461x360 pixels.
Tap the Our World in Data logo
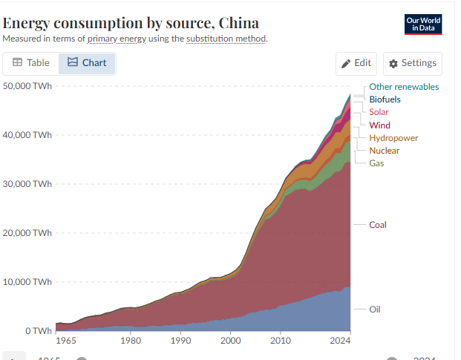click(x=423, y=24)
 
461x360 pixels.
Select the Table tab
click(x=31, y=63)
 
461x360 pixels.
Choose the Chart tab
click(x=87, y=63)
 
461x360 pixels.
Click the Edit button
click(x=356, y=63)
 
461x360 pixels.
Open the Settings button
click(x=413, y=63)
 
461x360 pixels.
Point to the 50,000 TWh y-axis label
click(x=27, y=86)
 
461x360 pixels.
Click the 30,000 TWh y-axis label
click(x=27, y=184)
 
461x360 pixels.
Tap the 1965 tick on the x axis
click(x=67, y=341)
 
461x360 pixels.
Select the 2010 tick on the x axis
click(x=280, y=341)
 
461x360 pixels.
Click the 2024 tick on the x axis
click(x=339, y=341)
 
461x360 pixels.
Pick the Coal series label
click(x=378, y=225)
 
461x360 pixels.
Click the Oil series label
click(x=376, y=310)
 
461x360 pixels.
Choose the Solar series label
click(x=379, y=112)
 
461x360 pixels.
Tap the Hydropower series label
click(x=393, y=138)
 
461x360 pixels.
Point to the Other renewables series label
click(x=404, y=87)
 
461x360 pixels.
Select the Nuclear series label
click(x=384, y=151)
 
